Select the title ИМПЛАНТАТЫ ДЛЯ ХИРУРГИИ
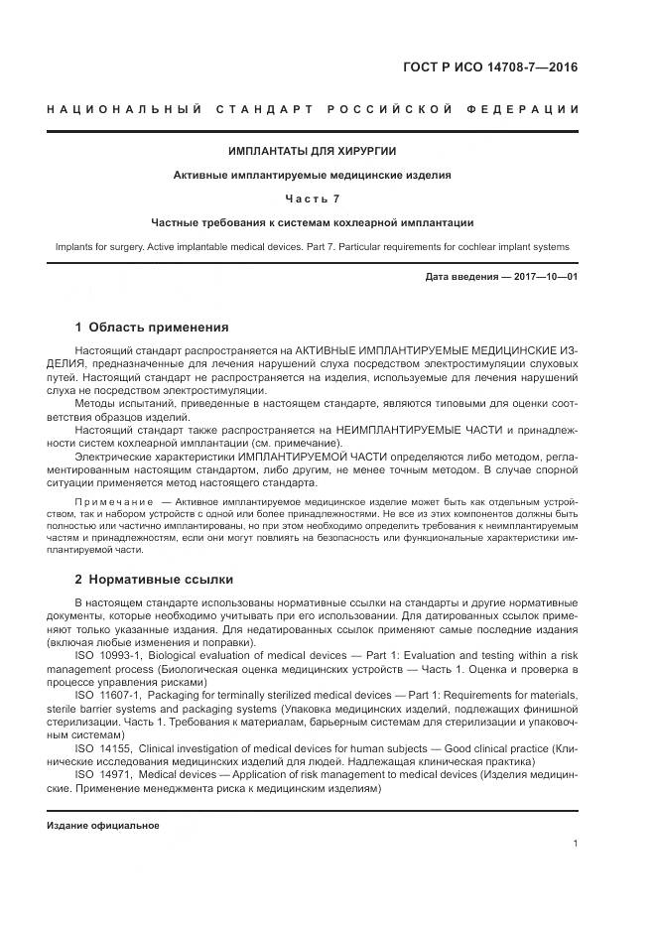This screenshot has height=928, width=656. point(312,151)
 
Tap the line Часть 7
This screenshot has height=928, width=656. point(312,199)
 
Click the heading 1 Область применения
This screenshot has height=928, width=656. point(152,327)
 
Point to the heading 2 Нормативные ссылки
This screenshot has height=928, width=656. point(154,579)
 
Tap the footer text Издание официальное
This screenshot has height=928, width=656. point(103,826)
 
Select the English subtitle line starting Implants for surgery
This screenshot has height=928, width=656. point(312,246)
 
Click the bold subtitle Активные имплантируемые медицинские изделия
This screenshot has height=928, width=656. point(312,175)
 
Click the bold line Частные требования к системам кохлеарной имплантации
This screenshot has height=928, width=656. point(312,222)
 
